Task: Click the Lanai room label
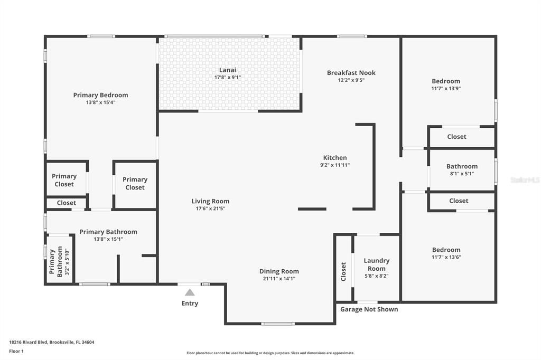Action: (x=228, y=70)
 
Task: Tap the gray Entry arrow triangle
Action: (x=190, y=293)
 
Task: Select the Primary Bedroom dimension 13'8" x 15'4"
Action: (x=101, y=102)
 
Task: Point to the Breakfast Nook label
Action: (x=351, y=73)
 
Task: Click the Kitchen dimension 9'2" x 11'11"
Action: (x=335, y=165)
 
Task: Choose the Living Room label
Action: (x=210, y=201)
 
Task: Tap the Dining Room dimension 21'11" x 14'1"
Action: (x=279, y=279)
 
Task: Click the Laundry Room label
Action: (x=376, y=264)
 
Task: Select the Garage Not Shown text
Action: (x=369, y=309)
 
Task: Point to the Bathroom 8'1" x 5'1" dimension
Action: (x=462, y=174)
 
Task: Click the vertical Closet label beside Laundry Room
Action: (x=343, y=272)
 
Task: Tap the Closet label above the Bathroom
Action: (x=456, y=137)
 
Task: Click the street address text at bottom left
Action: (x=52, y=343)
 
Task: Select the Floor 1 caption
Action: (x=16, y=352)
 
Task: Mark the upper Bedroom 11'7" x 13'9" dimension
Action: (x=446, y=89)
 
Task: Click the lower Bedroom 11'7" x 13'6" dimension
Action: (x=446, y=257)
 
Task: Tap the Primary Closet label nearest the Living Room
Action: (x=135, y=184)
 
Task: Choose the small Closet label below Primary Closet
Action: (x=66, y=203)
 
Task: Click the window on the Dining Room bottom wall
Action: (x=278, y=324)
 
